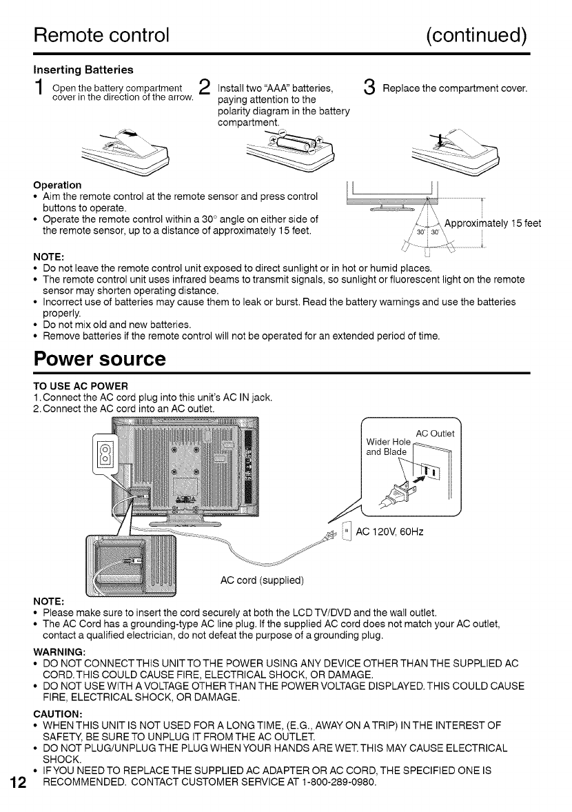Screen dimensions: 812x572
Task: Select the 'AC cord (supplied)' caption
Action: point(262,578)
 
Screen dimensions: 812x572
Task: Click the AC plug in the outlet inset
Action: point(399,490)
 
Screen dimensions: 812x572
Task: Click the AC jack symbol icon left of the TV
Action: point(106,455)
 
